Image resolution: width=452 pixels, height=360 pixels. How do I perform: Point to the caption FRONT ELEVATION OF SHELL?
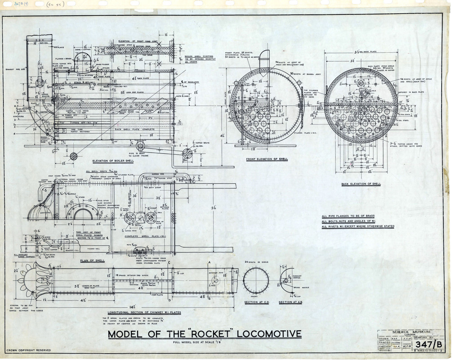point(267,159)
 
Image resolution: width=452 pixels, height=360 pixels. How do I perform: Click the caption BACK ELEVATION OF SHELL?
point(361,184)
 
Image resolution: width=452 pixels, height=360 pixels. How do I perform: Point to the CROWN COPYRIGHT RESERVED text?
point(28,350)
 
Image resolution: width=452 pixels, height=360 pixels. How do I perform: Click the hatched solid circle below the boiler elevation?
point(73,156)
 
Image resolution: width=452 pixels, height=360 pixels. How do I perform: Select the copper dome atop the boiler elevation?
point(84,59)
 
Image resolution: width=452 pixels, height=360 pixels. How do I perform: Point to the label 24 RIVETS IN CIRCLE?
point(256,262)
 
